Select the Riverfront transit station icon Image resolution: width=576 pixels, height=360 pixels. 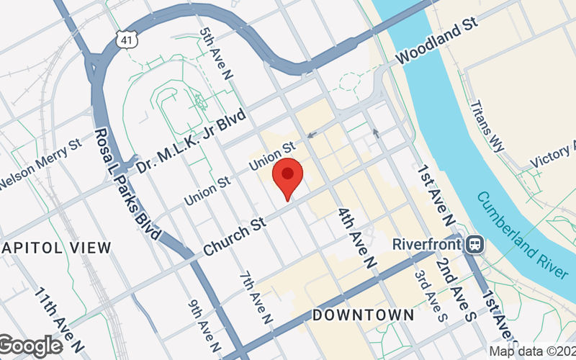point(474,243)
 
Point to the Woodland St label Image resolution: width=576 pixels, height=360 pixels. point(437,42)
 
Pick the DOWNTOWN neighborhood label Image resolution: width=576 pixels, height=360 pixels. point(364,315)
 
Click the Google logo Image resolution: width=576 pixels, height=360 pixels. point(30,346)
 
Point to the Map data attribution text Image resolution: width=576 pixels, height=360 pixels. point(532,351)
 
